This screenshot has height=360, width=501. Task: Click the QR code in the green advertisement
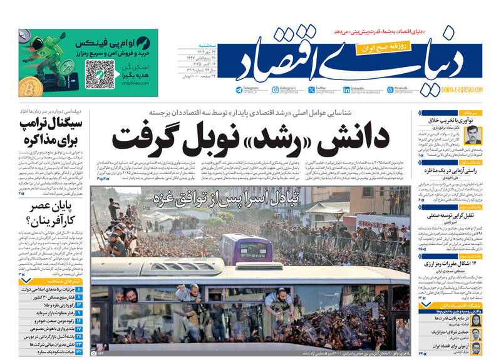coord(101,74)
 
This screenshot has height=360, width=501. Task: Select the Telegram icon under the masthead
coord(239,90)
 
